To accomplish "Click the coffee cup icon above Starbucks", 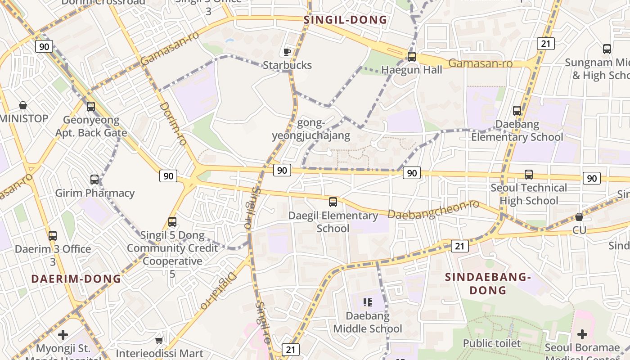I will [287, 52].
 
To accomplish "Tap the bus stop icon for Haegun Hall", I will [411, 57].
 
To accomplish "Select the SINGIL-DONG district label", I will [345, 20].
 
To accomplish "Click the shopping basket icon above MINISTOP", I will [23, 106].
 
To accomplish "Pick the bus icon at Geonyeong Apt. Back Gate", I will [91, 107].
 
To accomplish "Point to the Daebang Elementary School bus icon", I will [517, 111].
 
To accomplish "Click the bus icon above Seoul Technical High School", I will [529, 175].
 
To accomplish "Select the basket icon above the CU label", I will [579, 217].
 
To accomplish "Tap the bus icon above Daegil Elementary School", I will [333, 202].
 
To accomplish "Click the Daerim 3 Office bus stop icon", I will [53, 236].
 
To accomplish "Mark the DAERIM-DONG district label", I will [76, 279].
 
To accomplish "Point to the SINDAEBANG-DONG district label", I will [488, 283].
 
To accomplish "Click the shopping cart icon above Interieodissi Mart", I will [159, 341].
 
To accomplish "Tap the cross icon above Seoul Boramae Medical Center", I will [582, 334].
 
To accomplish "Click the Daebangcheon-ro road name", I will [433, 210].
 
